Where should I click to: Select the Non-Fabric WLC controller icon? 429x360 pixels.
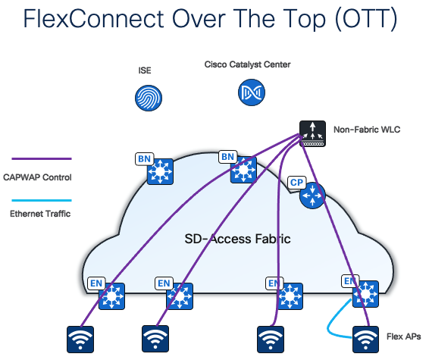click(x=311, y=131)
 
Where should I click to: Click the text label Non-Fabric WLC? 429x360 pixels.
click(x=367, y=130)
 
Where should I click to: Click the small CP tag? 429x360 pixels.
click(x=296, y=182)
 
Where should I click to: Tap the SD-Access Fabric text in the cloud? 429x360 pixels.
click(x=237, y=239)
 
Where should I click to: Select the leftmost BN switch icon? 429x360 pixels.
click(x=160, y=173)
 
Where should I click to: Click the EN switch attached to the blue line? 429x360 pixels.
click(x=367, y=294)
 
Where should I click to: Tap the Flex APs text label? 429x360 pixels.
click(x=402, y=336)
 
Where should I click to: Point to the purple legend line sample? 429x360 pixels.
click(x=41, y=158)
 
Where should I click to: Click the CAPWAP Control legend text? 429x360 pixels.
click(x=42, y=178)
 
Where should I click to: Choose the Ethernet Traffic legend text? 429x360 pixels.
click(x=40, y=214)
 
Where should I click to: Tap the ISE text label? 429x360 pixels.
click(x=145, y=70)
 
